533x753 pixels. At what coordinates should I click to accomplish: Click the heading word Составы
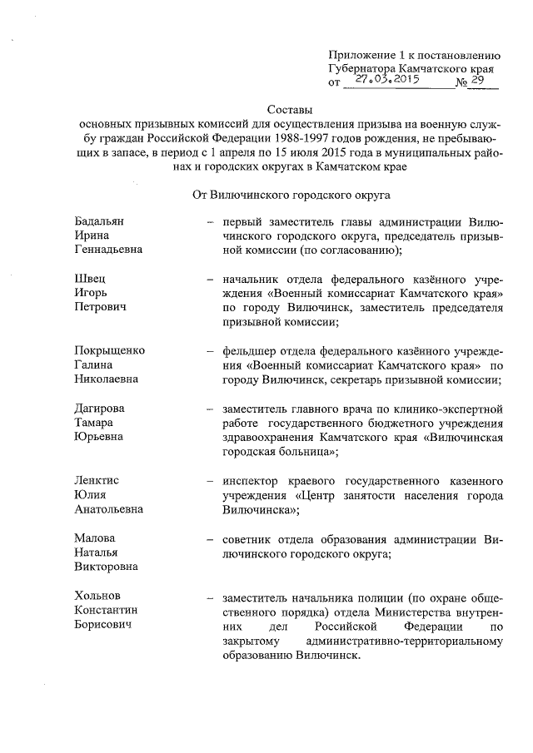pyautogui.click(x=289, y=108)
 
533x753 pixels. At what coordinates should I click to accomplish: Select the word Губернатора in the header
pyautogui.click(x=363, y=67)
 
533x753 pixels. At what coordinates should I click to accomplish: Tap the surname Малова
pyautogui.click(x=94, y=538)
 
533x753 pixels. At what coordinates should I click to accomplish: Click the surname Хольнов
pyautogui.click(x=97, y=596)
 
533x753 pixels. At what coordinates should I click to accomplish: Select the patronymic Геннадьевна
pyautogui.click(x=108, y=250)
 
